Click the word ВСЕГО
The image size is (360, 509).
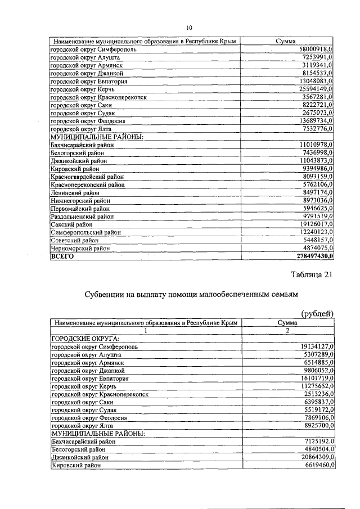coord(62,256)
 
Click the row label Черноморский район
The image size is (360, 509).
coord(78,248)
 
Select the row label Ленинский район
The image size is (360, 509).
coord(72,192)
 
